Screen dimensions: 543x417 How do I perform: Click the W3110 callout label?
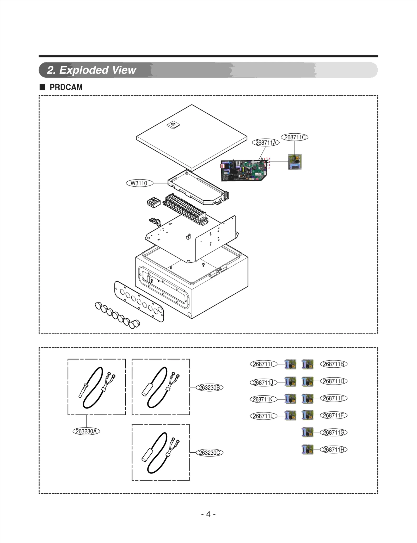139,183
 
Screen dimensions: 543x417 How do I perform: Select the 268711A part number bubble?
266,143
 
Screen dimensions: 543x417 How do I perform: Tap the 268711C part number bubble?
295,137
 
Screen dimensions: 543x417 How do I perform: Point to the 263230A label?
86,431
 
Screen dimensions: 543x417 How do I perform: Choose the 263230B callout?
210,387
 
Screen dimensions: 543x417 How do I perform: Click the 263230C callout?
210,453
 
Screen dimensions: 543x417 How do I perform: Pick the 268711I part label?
263,364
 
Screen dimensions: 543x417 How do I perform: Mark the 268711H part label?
334,449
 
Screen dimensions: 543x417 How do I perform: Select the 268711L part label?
263,416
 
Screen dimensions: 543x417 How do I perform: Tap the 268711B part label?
334,364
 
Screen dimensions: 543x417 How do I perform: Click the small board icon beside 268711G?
308,433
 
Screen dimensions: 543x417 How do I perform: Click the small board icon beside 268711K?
290,399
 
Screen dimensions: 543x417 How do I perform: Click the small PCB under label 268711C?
295,162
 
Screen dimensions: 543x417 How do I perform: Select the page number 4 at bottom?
208,514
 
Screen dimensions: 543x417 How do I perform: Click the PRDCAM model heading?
66,87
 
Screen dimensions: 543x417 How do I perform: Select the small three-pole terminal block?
154,202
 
